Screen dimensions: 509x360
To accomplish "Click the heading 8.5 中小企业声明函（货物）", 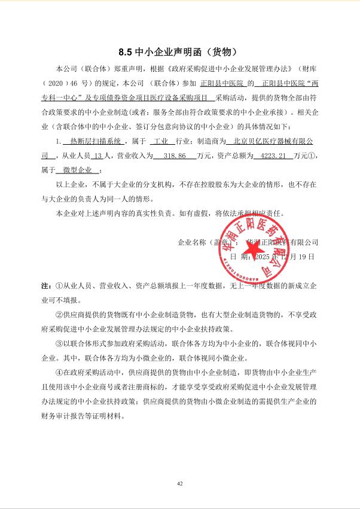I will (179, 51).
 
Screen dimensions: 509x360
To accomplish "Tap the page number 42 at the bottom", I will (179, 483).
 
